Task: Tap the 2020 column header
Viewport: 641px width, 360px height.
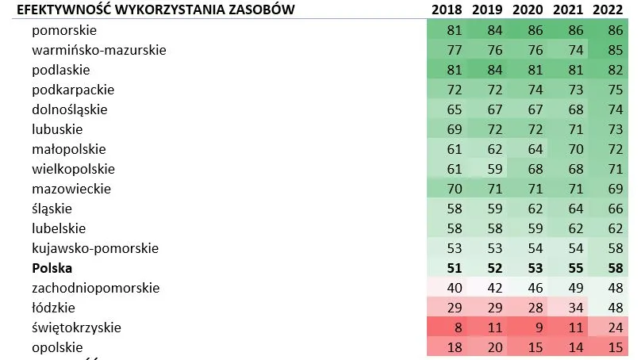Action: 528,10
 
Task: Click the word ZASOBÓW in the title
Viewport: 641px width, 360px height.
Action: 259,10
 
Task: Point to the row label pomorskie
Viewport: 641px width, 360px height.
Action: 64,30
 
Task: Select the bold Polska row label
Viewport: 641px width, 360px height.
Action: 52,268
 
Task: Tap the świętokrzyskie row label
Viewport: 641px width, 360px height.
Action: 77,327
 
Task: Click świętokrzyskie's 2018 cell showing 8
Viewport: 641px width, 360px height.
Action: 455,327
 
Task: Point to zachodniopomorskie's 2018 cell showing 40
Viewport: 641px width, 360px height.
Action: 455,288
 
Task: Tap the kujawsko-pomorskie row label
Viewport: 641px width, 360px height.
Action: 96,248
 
